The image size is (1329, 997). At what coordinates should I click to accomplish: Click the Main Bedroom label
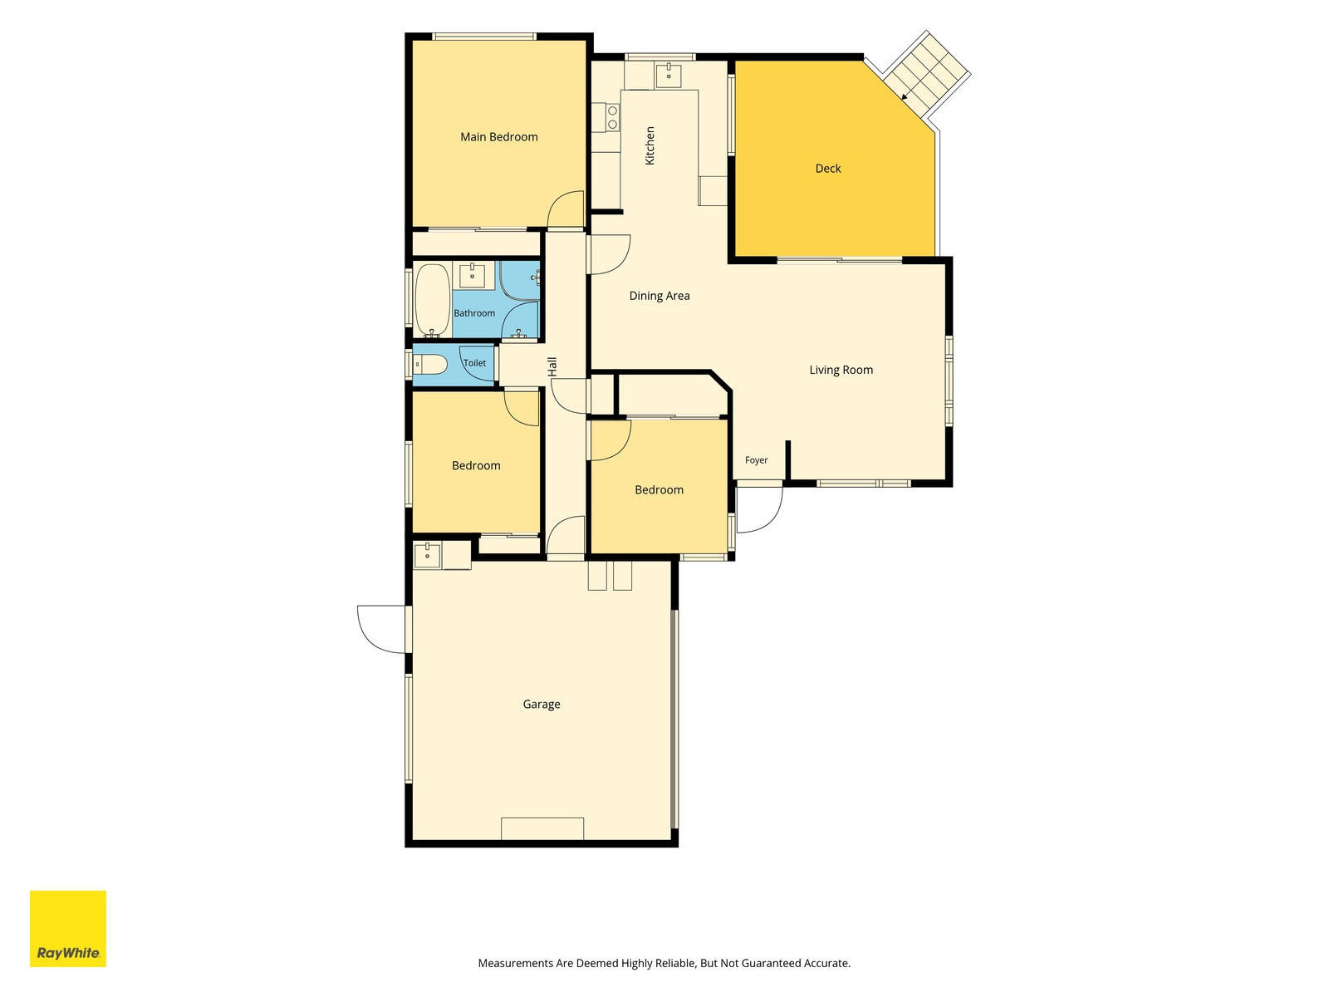pyautogui.click(x=499, y=137)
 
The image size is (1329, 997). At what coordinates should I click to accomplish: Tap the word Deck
pyautogui.click(x=827, y=169)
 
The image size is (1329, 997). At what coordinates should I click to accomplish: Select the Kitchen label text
pyautogui.click(x=650, y=145)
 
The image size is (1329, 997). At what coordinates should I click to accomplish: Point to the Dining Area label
pyautogui.click(x=660, y=296)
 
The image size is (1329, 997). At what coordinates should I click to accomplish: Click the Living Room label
pyautogui.click(x=841, y=370)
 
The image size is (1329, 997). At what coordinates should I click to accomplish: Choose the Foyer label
pyautogui.click(x=756, y=460)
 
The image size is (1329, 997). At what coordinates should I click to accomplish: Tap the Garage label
pyautogui.click(x=542, y=704)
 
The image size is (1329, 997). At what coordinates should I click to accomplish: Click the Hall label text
pyautogui.click(x=552, y=367)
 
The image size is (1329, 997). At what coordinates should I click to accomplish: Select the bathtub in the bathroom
pyautogui.click(x=433, y=300)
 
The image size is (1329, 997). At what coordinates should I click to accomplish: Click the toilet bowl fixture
pyautogui.click(x=430, y=365)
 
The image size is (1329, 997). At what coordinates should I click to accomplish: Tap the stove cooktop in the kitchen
pyautogui.click(x=612, y=117)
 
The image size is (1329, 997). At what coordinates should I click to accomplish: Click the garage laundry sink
pyautogui.click(x=428, y=556)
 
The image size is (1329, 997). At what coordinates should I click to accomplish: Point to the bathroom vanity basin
pyautogui.click(x=473, y=276)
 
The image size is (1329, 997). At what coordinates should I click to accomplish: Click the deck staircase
pyautogui.click(x=926, y=74)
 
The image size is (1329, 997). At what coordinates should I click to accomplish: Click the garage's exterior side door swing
pyautogui.click(x=381, y=630)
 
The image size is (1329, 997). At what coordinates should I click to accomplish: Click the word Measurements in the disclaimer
pyautogui.click(x=516, y=963)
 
